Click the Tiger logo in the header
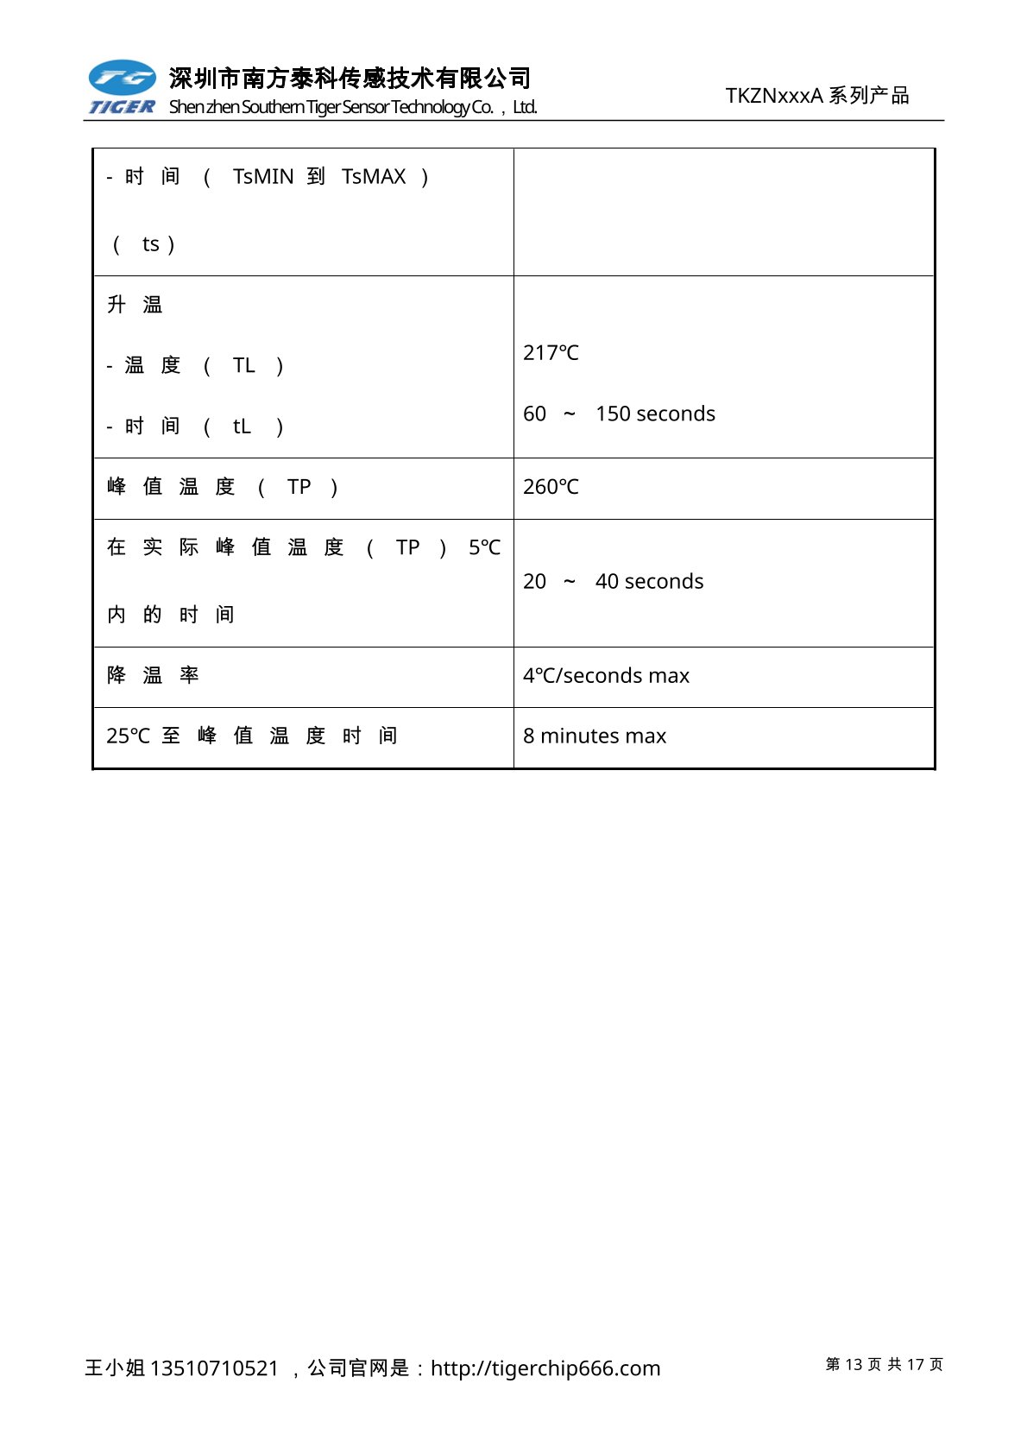click(122, 87)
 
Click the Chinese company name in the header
click(350, 79)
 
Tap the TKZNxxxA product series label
click(816, 96)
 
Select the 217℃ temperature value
click(551, 353)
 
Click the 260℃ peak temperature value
click(551, 487)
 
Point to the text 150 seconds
click(655, 414)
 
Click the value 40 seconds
click(649, 582)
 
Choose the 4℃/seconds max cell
click(606, 676)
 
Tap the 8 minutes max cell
click(595, 736)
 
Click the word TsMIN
click(263, 177)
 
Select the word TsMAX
click(374, 177)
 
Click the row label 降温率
click(153, 675)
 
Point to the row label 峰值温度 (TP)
click(222, 487)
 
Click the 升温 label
click(135, 305)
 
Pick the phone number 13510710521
click(214, 1368)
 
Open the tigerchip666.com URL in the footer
click(545, 1368)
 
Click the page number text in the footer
click(884, 1364)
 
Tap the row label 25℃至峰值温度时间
click(251, 736)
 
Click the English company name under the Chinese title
click(353, 107)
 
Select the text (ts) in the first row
click(144, 244)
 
